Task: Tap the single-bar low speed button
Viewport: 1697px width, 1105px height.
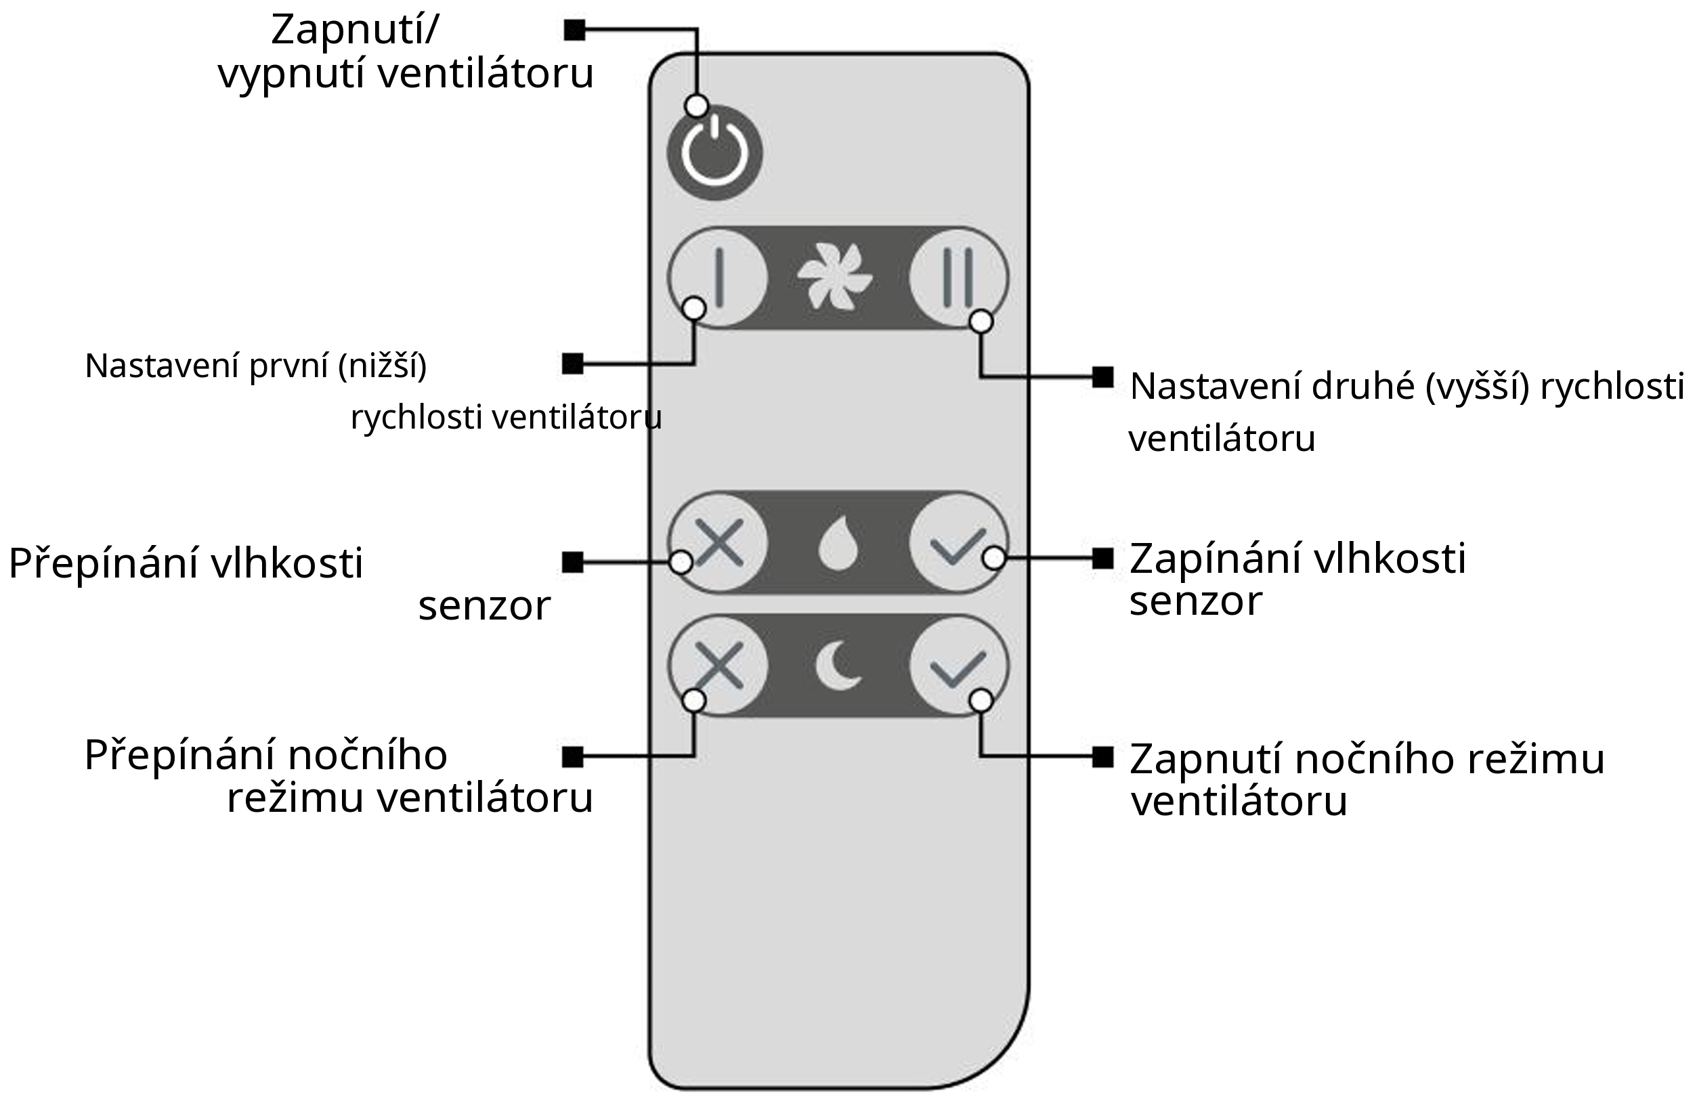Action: (x=718, y=278)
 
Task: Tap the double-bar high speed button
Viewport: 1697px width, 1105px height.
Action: (x=958, y=278)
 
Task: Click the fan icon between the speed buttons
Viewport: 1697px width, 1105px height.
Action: (x=834, y=278)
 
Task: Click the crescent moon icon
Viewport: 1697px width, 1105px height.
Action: (x=837, y=666)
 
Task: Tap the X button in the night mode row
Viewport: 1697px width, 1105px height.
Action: (x=718, y=666)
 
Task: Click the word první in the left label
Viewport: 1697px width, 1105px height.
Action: (x=289, y=366)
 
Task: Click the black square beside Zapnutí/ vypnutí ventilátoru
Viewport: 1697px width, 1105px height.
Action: (x=575, y=30)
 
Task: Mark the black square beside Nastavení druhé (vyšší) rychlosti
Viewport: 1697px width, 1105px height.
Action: (x=1102, y=377)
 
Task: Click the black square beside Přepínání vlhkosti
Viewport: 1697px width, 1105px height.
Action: (x=573, y=563)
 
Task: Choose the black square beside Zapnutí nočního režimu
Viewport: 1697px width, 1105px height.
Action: (x=1102, y=757)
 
